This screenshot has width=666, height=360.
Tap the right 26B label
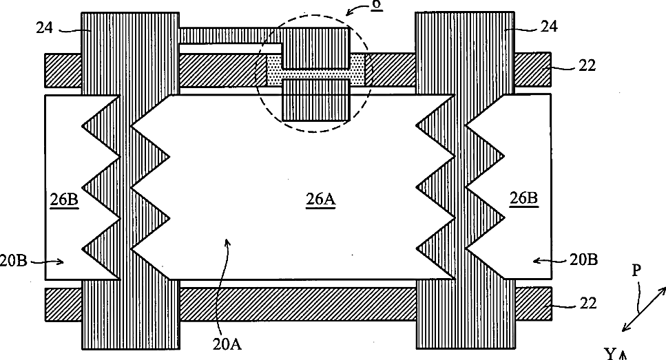[523, 200]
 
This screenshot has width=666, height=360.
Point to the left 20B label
[14, 261]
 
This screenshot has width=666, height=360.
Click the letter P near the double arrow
[638, 271]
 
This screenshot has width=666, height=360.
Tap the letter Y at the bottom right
[610, 354]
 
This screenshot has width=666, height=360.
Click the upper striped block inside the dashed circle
[317, 47]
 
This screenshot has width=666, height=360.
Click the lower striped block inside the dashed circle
[317, 100]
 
